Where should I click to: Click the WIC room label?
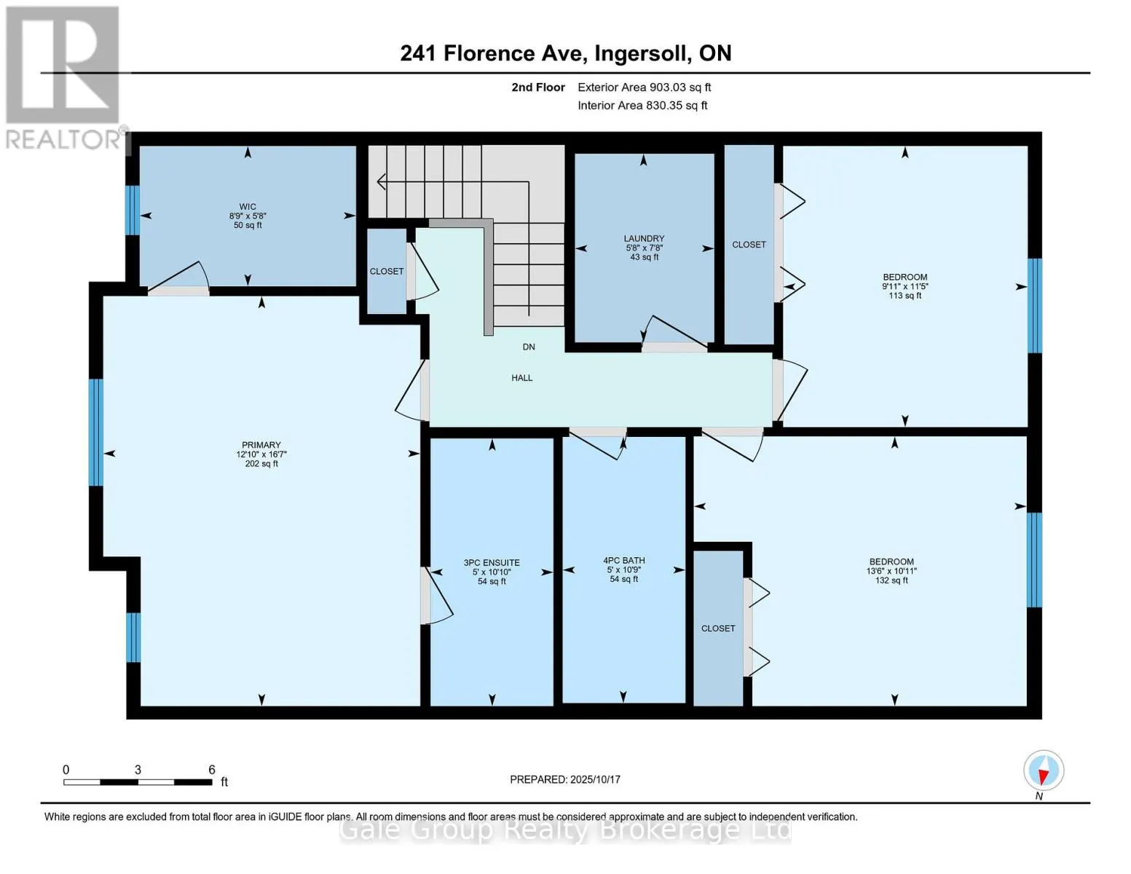pos(247,207)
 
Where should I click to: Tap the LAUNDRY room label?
pos(644,238)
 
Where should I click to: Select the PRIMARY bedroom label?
pos(261,445)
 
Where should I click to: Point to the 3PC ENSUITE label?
pos(492,563)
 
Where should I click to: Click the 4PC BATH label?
pos(624,561)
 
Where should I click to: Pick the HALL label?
pos(521,378)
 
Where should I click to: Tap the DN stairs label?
pos(529,347)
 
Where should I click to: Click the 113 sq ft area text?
pos(905,296)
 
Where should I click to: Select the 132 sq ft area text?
pos(891,580)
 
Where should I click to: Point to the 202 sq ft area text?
pos(261,464)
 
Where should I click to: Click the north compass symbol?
pos(1043,771)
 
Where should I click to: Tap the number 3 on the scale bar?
pos(138,770)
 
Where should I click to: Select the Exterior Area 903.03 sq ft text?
pos(644,87)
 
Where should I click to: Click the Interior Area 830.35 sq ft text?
pos(642,106)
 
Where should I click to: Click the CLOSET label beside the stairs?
pos(386,272)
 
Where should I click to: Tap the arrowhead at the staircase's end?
pos(381,181)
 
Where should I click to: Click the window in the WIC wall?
pos(133,210)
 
